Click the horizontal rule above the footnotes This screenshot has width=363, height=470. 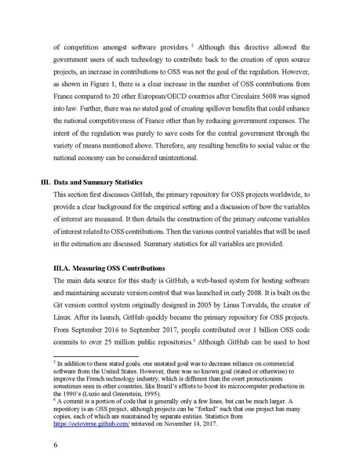click(x=95, y=355)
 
